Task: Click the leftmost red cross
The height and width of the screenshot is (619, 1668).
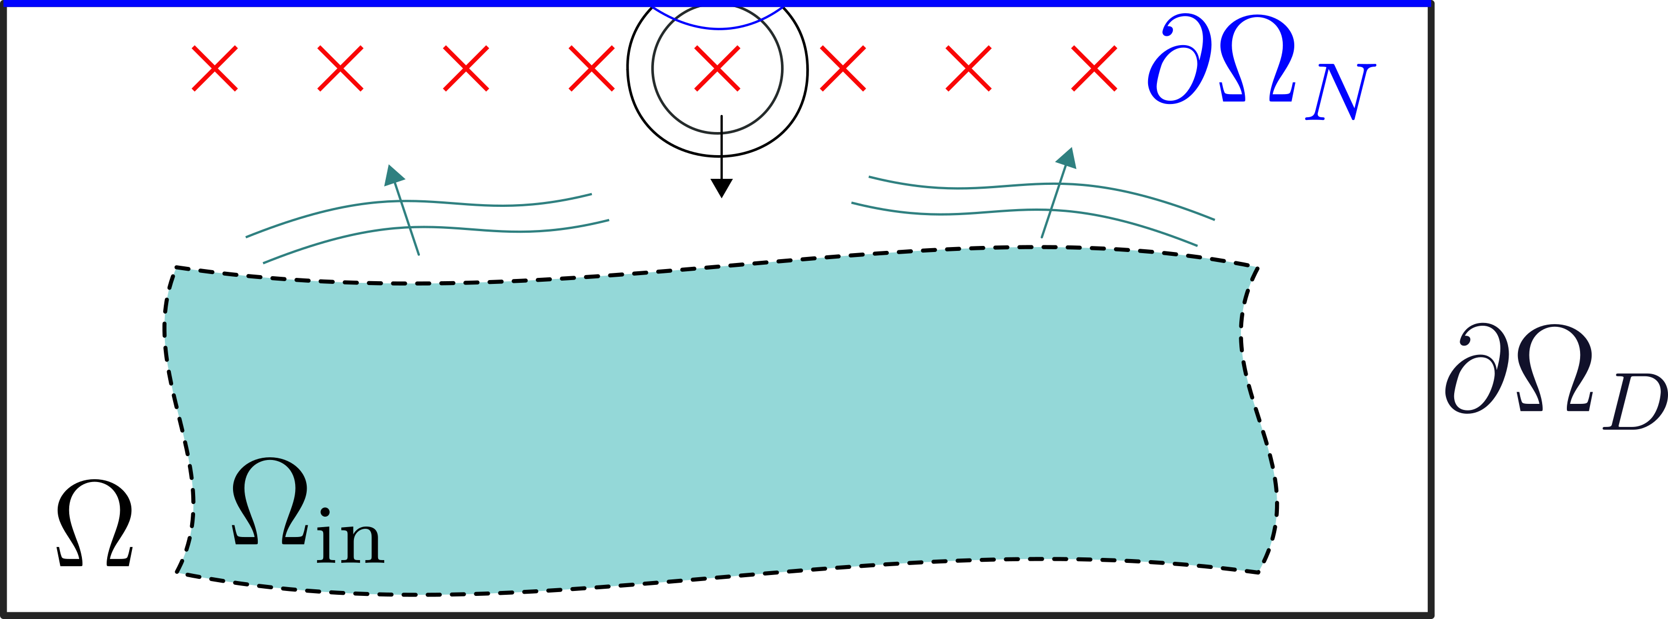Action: click(215, 68)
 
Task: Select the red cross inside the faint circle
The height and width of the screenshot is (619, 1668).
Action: click(717, 68)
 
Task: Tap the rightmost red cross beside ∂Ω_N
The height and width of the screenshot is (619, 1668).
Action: click(1094, 68)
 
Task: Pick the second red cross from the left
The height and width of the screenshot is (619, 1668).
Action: click(341, 68)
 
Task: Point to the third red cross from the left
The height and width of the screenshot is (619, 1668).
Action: click(466, 68)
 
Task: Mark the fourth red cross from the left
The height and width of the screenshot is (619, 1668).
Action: click(591, 68)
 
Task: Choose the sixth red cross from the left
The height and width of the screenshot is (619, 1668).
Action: click(843, 68)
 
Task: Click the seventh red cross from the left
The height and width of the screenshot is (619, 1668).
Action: click(968, 68)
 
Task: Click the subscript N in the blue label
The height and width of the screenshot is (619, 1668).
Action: click(1339, 92)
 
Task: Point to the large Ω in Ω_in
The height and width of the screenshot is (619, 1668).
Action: click(270, 502)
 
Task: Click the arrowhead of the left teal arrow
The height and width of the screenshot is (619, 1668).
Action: click(393, 175)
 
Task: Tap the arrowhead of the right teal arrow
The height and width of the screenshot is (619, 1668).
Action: click(1066, 157)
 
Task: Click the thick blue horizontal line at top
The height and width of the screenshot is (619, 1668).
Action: click(389, 3)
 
